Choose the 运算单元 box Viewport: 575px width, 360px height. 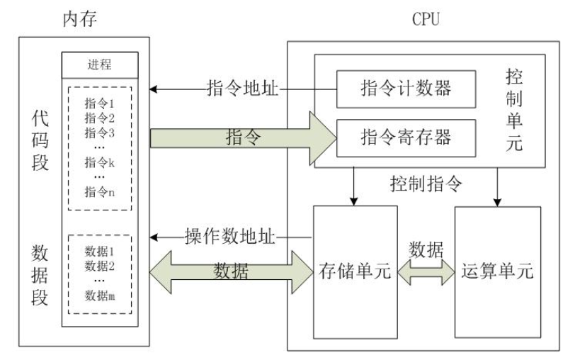coord(497,271)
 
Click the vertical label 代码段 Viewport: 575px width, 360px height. coord(40,142)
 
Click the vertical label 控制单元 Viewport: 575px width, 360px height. coord(514,109)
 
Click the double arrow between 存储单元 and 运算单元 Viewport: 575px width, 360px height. coord(427,272)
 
